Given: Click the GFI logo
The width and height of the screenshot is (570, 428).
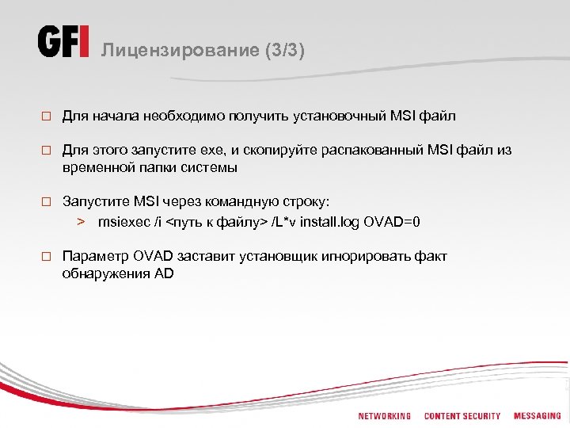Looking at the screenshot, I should pos(64,42).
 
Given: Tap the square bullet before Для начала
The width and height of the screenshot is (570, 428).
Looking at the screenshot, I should pos(47,117).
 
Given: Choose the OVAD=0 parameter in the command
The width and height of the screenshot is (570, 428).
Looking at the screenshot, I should pos(392,221).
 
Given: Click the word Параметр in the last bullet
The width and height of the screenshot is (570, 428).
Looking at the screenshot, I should pos(91,257).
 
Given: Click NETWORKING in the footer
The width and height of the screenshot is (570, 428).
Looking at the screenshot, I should pos(385,416).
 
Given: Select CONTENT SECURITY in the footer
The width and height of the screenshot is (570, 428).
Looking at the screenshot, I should pos(462,416).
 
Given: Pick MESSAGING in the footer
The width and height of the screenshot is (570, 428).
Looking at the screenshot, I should pos(537,416).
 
